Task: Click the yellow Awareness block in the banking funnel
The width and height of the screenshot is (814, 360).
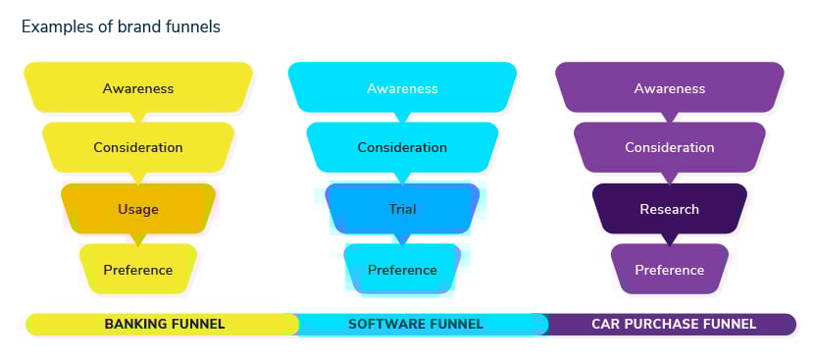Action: pos(138,88)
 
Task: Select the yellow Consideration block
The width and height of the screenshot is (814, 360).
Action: pos(138,147)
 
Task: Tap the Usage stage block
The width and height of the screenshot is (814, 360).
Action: pos(138,208)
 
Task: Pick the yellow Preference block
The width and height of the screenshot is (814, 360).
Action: pos(138,269)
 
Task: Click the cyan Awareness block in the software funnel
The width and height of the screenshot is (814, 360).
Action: pos(402,88)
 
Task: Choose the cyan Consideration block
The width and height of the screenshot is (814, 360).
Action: pos(402,147)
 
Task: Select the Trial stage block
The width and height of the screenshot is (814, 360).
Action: pos(402,208)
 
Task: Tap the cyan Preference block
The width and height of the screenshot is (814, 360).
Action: pos(402,269)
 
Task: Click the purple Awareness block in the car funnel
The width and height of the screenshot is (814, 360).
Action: pos(670,88)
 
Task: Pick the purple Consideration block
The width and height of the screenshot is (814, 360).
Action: pos(670,147)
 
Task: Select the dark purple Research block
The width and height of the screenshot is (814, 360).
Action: pos(670,208)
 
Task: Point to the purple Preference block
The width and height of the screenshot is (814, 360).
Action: pos(670,269)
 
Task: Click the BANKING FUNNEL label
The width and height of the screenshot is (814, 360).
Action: pos(165,324)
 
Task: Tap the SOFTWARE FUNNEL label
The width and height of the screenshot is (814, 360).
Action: pos(416,324)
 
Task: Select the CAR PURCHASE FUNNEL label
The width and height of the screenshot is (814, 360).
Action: pos(674,324)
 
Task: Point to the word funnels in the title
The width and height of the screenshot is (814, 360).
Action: pos(193,27)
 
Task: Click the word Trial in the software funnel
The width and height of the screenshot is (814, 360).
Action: pos(402,209)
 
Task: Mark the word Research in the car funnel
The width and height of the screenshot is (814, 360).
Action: pos(670,209)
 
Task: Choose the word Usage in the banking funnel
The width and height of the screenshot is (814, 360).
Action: pos(138,209)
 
